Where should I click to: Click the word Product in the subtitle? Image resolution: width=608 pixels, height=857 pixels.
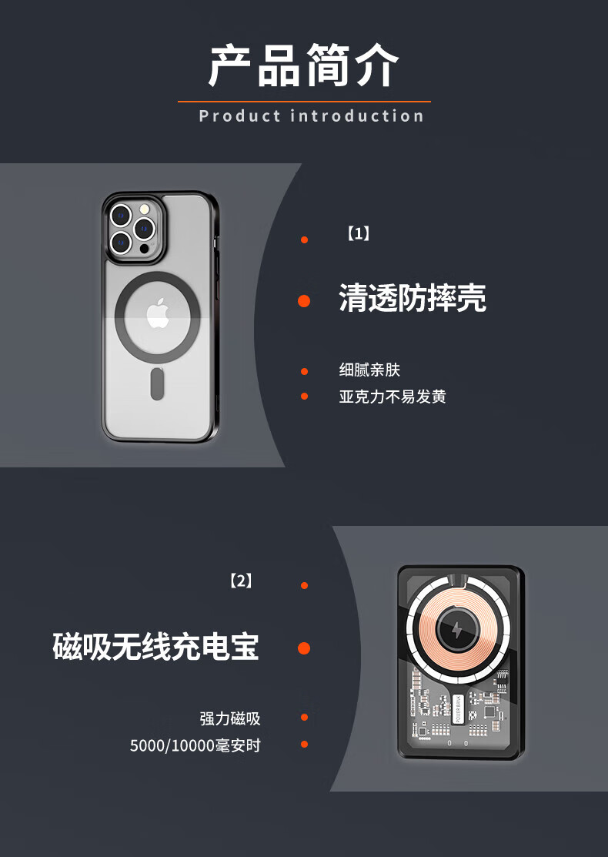coord(240,115)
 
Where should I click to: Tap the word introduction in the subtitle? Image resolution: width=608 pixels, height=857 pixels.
coord(357,115)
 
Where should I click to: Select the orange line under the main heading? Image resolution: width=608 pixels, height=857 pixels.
coord(304,101)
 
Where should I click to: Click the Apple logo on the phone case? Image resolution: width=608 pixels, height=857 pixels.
coord(158,313)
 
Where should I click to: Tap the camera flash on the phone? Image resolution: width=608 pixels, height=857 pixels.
coord(145,209)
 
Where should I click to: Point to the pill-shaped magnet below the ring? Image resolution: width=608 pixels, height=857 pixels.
coord(157,383)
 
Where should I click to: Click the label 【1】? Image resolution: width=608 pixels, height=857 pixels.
coord(359,234)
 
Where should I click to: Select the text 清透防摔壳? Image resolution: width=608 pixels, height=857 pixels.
coord(413,298)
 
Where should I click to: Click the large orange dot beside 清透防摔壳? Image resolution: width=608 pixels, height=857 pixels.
coord(304,300)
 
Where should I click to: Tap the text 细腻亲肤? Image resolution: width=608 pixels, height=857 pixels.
coord(370,370)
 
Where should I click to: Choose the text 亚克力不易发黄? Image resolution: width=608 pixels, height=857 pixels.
coord(393,397)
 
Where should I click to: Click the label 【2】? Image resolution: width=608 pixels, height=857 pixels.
coord(241,581)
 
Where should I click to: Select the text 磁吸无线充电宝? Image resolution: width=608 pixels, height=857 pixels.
coord(155,647)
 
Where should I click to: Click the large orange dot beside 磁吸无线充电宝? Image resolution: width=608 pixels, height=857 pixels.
coord(304,648)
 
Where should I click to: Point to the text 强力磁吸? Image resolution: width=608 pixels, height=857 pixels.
coord(230,718)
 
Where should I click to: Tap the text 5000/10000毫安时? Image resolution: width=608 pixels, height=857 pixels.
coord(195,745)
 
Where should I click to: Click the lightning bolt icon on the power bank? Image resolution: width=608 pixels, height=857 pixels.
coord(457,630)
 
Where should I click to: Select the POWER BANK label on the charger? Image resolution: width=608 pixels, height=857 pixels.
coord(458,709)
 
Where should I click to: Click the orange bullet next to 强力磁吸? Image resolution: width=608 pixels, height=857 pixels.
coord(304,717)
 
